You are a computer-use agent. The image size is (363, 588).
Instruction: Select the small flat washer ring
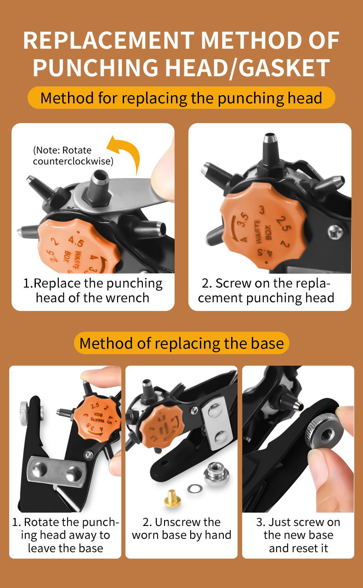pos(195,488)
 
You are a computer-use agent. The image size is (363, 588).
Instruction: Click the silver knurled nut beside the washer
pos(216,474)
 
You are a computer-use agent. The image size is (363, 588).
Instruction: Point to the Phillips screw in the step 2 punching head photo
pos(335,232)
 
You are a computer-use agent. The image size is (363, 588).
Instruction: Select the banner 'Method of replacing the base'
pos(181,343)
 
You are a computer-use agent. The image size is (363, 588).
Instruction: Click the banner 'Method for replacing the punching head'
pos(181,98)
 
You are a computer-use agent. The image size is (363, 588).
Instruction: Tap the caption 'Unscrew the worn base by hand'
pos(181,528)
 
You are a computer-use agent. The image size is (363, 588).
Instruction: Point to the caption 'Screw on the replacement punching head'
pos(266,291)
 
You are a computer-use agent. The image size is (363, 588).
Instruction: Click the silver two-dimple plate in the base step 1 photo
pos(57,473)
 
